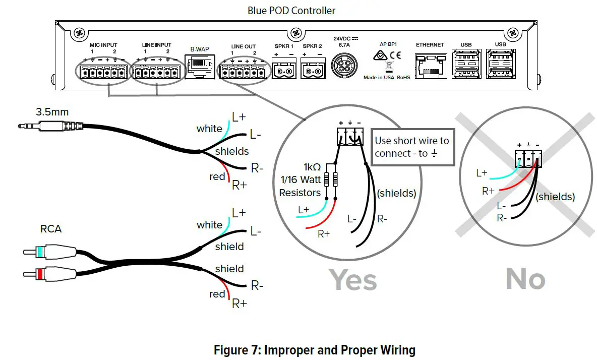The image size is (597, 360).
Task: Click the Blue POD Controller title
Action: (x=291, y=10)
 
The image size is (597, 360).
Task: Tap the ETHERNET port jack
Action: (x=430, y=66)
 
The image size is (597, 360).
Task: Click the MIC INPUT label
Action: (x=103, y=45)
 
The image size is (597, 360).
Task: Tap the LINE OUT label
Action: (x=243, y=46)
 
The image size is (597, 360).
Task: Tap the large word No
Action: (x=525, y=279)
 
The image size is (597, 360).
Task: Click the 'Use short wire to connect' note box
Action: (x=412, y=147)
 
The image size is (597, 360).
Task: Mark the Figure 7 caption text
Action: (x=314, y=349)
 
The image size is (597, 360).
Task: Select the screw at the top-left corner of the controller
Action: (x=79, y=34)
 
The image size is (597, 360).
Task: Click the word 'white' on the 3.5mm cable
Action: (x=209, y=129)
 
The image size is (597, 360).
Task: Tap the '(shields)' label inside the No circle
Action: (x=555, y=197)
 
